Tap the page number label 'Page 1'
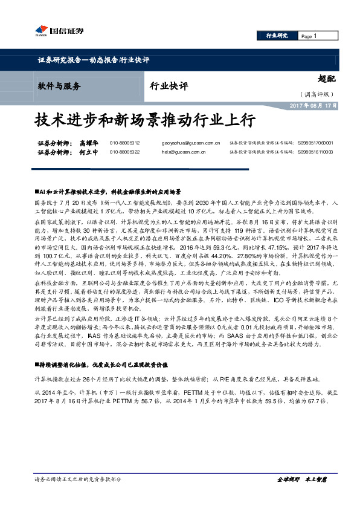pyautogui.click(x=309, y=36)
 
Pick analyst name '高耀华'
pyautogui.click(x=88, y=143)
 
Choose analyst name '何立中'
pyautogui.click(x=88, y=152)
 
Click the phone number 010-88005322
pyautogui.click(x=124, y=152)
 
